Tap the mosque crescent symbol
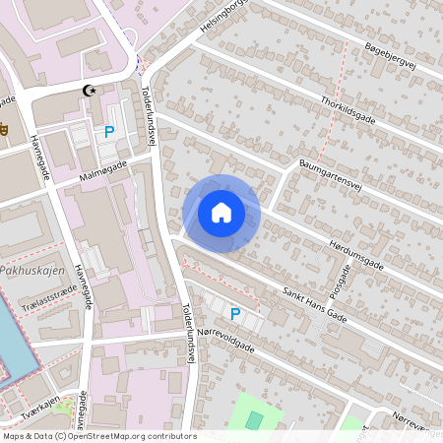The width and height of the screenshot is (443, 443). pyautogui.click(x=92, y=91)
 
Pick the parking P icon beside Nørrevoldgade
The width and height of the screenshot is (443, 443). pyautogui.click(x=234, y=314)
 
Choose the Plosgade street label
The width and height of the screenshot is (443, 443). pyautogui.click(x=340, y=281)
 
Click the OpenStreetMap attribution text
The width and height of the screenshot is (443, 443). pyautogui.click(x=98, y=436)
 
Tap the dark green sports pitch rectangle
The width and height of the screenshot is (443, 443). pyautogui.click(x=254, y=421)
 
